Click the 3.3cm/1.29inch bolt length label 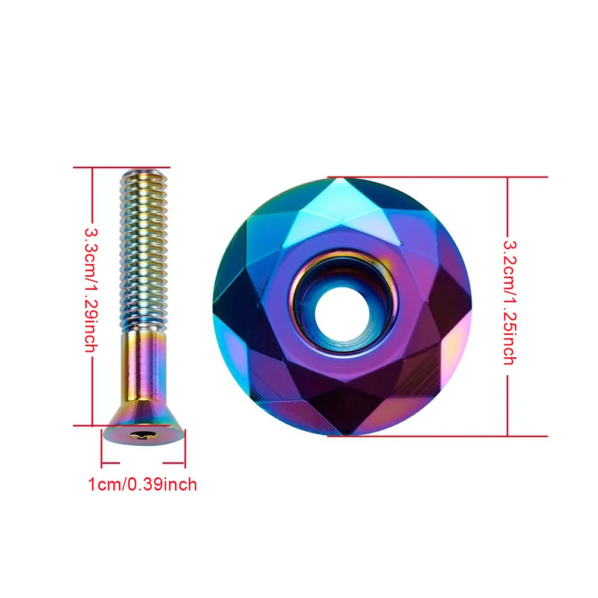tap(91, 290)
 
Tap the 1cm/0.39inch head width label tap(142, 484)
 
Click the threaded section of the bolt tap(143, 251)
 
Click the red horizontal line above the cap tap(436, 177)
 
